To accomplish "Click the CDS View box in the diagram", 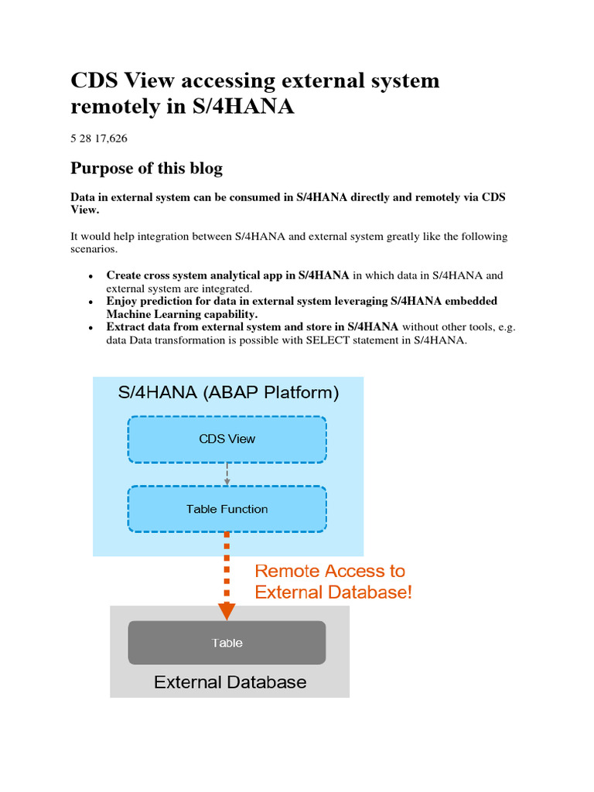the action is [x=227, y=439].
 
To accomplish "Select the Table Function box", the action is [x=227, y=509].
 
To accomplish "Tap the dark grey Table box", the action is [x=227, y=643].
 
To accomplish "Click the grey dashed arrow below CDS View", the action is [x=227, y=474].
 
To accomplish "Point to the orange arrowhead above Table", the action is [x=227, y=611].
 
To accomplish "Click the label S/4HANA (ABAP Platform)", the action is [x=228, y=392].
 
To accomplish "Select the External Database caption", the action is [x=230, y=682].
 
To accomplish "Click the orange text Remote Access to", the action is [x=329, y=571].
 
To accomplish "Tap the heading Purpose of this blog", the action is [x=146, y=168].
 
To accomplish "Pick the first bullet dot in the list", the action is [x=90, y=275].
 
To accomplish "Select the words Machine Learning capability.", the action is [x=182, y=314].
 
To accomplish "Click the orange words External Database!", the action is [x=333, y=592].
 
